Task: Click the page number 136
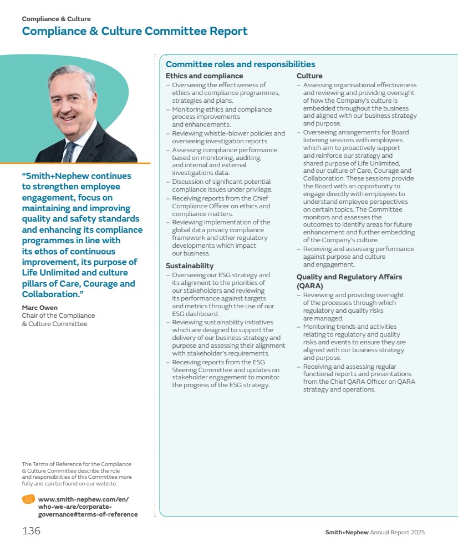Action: pos(32,531)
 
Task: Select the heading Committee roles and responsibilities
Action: pos(240,64)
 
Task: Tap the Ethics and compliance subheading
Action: pos(204,76)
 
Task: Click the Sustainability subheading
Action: pos(189,266)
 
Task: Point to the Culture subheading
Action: pos(309,76)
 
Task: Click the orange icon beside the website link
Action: pos(28,499)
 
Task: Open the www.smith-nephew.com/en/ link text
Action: pos(83,499)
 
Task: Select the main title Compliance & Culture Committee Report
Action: pos(135,31)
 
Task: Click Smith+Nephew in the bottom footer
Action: pos(347,533)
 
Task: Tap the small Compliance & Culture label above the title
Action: pos(57,19)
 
